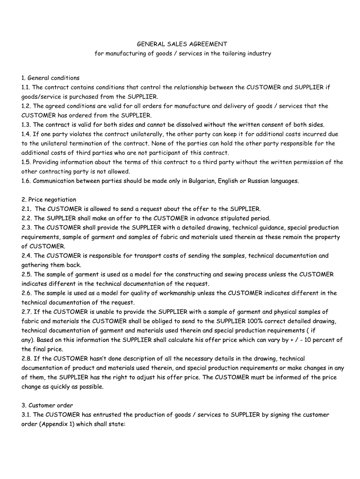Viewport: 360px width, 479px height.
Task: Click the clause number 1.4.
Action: coord(26,134)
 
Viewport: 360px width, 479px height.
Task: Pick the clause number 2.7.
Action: coord(26,312)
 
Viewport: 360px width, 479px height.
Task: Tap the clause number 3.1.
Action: coord(26,414)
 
